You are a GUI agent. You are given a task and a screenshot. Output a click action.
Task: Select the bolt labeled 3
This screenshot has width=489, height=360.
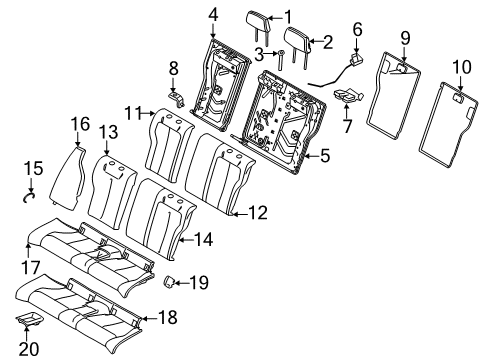(x=281, y=57)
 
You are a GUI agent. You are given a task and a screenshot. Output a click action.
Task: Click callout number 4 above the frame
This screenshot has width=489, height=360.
(x=211, y=14)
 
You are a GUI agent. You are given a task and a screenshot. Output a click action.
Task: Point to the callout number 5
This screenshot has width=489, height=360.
(x=325, y=155)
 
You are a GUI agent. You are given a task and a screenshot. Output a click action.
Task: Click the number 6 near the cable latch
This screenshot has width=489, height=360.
(x=357, y=31)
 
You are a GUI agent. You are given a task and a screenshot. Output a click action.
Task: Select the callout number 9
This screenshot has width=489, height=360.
(x=404, y=38)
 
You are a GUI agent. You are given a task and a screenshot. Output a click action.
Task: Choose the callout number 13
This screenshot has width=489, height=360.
(x=107, y=131)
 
